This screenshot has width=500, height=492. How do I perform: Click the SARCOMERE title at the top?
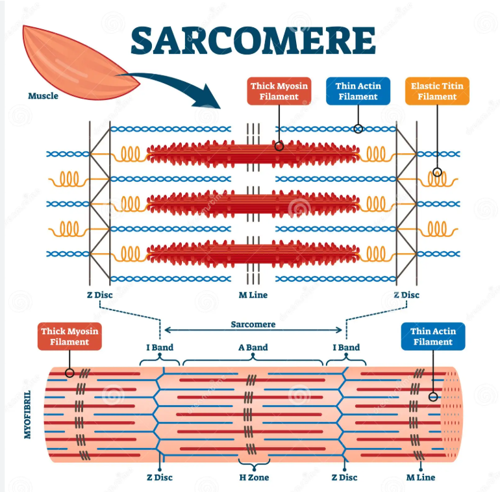coord(253,40)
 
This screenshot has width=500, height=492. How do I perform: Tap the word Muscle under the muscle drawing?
coord(43,96)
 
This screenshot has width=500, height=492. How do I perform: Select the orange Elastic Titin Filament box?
coord(437,92)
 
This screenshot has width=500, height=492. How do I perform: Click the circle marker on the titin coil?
coord(437,173)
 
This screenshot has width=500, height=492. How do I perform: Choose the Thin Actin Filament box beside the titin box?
coord(358,92)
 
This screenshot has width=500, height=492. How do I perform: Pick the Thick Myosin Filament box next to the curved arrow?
coord(279,92)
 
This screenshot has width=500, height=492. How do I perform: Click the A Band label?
coord(253,347)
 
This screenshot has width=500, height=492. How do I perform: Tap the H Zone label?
coord(253,478)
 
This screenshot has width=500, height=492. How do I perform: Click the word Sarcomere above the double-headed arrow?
coord(253,324)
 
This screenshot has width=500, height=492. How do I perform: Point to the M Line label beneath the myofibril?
coord(420,478)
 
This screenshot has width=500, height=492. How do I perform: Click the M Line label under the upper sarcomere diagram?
coord(253,295)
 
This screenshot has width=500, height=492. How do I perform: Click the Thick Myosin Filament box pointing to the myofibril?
coord(69,337)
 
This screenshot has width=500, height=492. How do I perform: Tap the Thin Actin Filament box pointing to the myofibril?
coord(432,337)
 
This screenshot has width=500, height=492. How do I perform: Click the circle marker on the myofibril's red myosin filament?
coord(69,373)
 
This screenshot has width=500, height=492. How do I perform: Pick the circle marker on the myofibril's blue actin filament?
coord(432,396)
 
